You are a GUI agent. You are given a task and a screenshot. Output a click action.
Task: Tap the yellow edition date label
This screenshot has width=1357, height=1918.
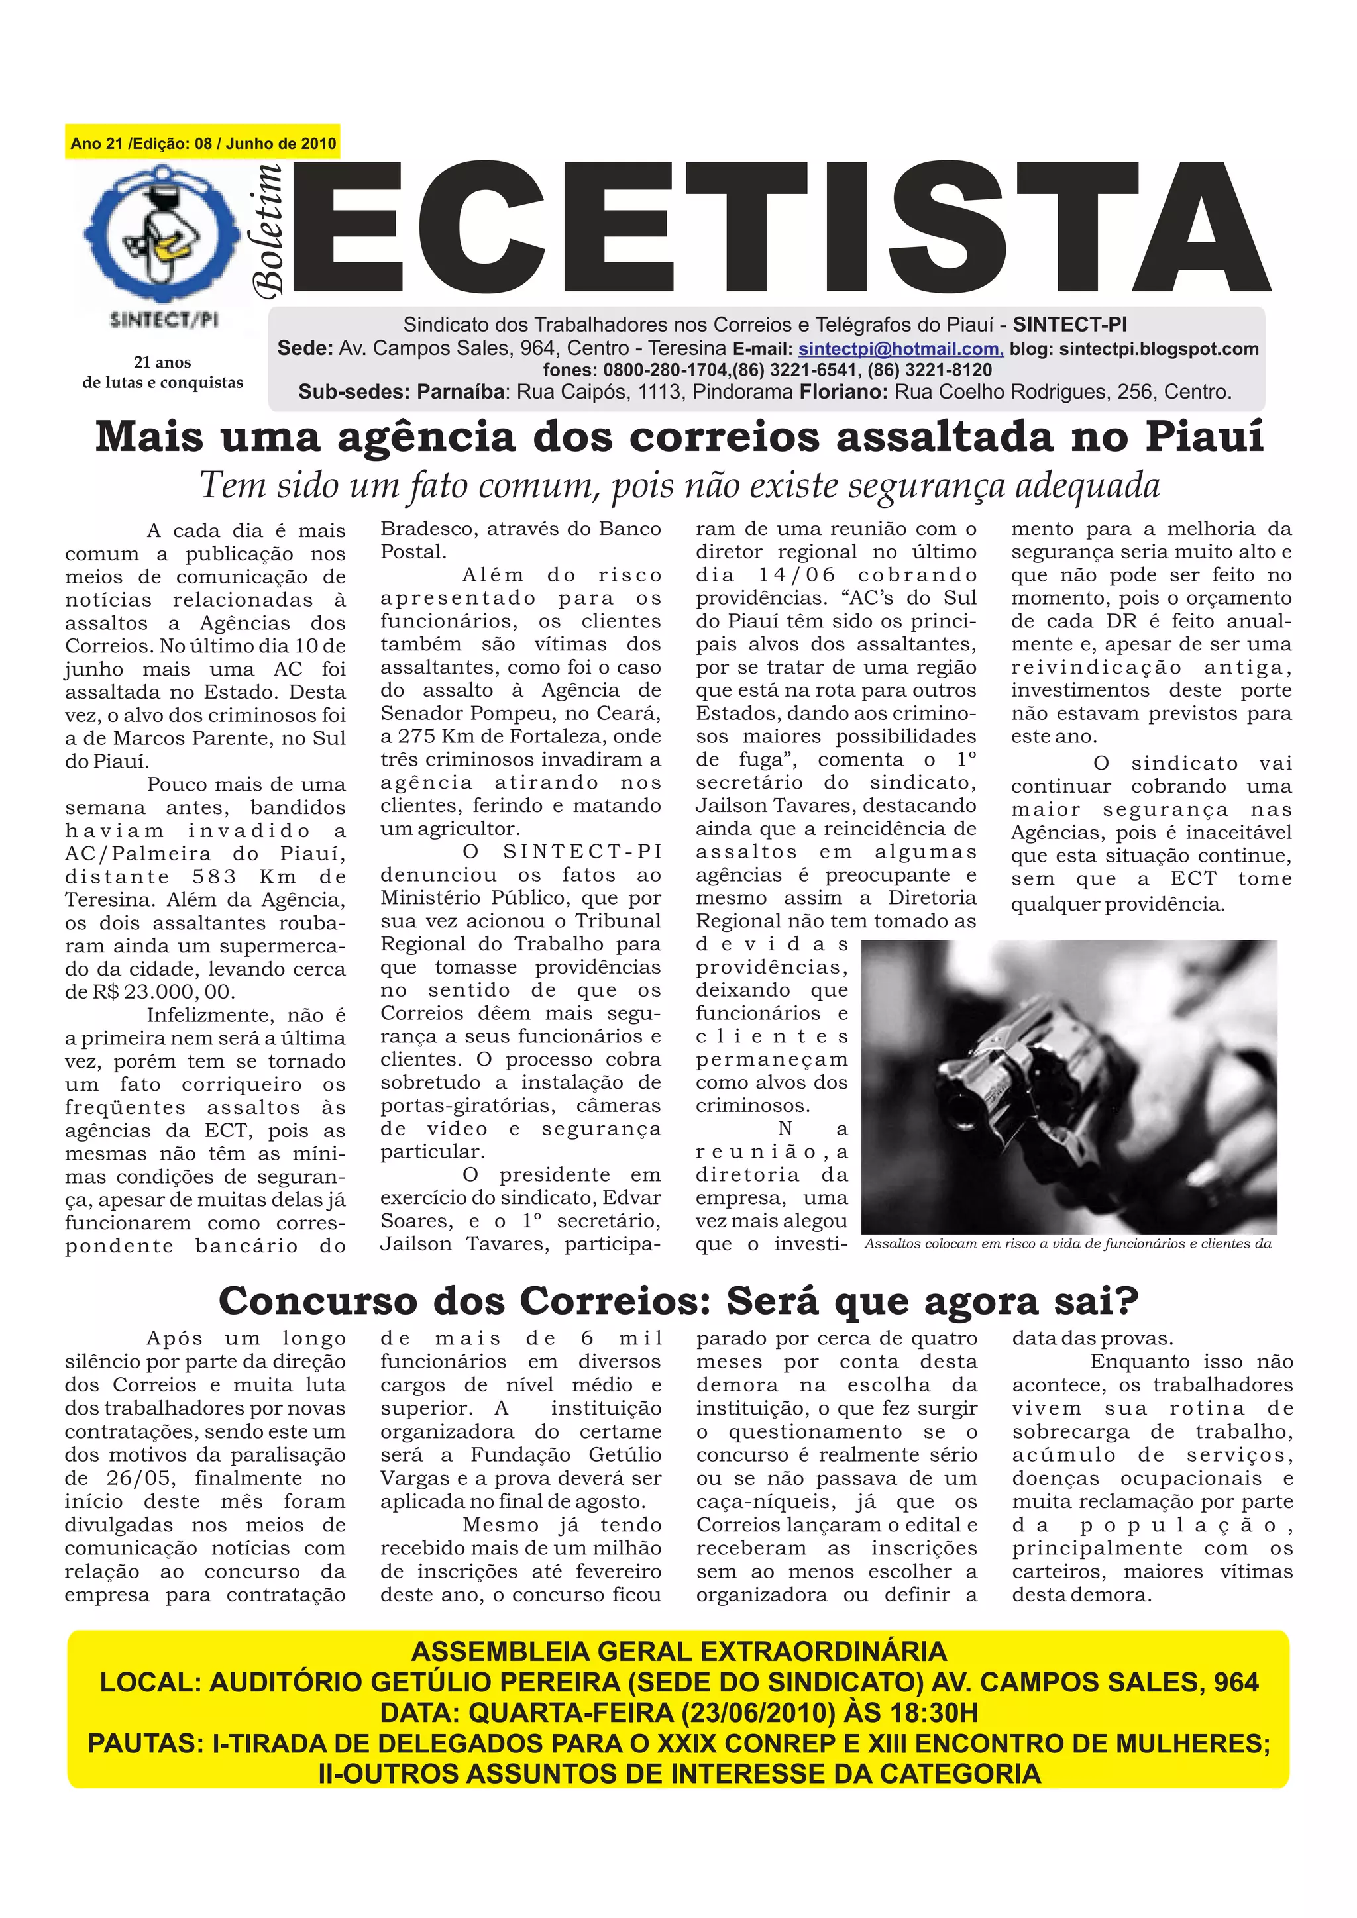pos(203,143)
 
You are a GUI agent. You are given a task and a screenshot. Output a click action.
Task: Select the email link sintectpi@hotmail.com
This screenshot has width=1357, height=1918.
pos(900,349)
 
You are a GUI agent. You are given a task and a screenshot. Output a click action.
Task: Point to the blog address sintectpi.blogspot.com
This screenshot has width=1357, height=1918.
pos(1159,349)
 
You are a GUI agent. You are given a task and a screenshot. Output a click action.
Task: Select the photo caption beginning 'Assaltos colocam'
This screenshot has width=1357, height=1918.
pos(1067,1244)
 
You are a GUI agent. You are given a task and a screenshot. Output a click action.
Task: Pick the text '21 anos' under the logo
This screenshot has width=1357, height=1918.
pos(162,362)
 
